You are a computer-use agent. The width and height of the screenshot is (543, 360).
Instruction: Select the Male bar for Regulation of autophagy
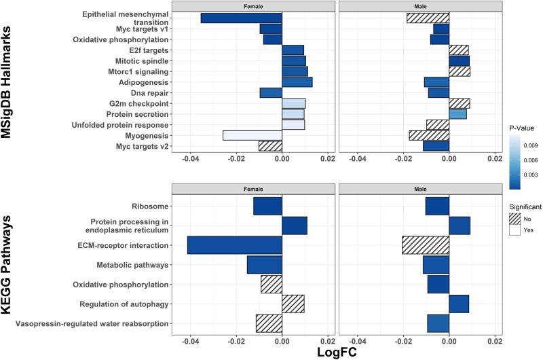point(459,304)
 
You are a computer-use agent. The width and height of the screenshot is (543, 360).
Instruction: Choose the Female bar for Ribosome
point(267,206)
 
